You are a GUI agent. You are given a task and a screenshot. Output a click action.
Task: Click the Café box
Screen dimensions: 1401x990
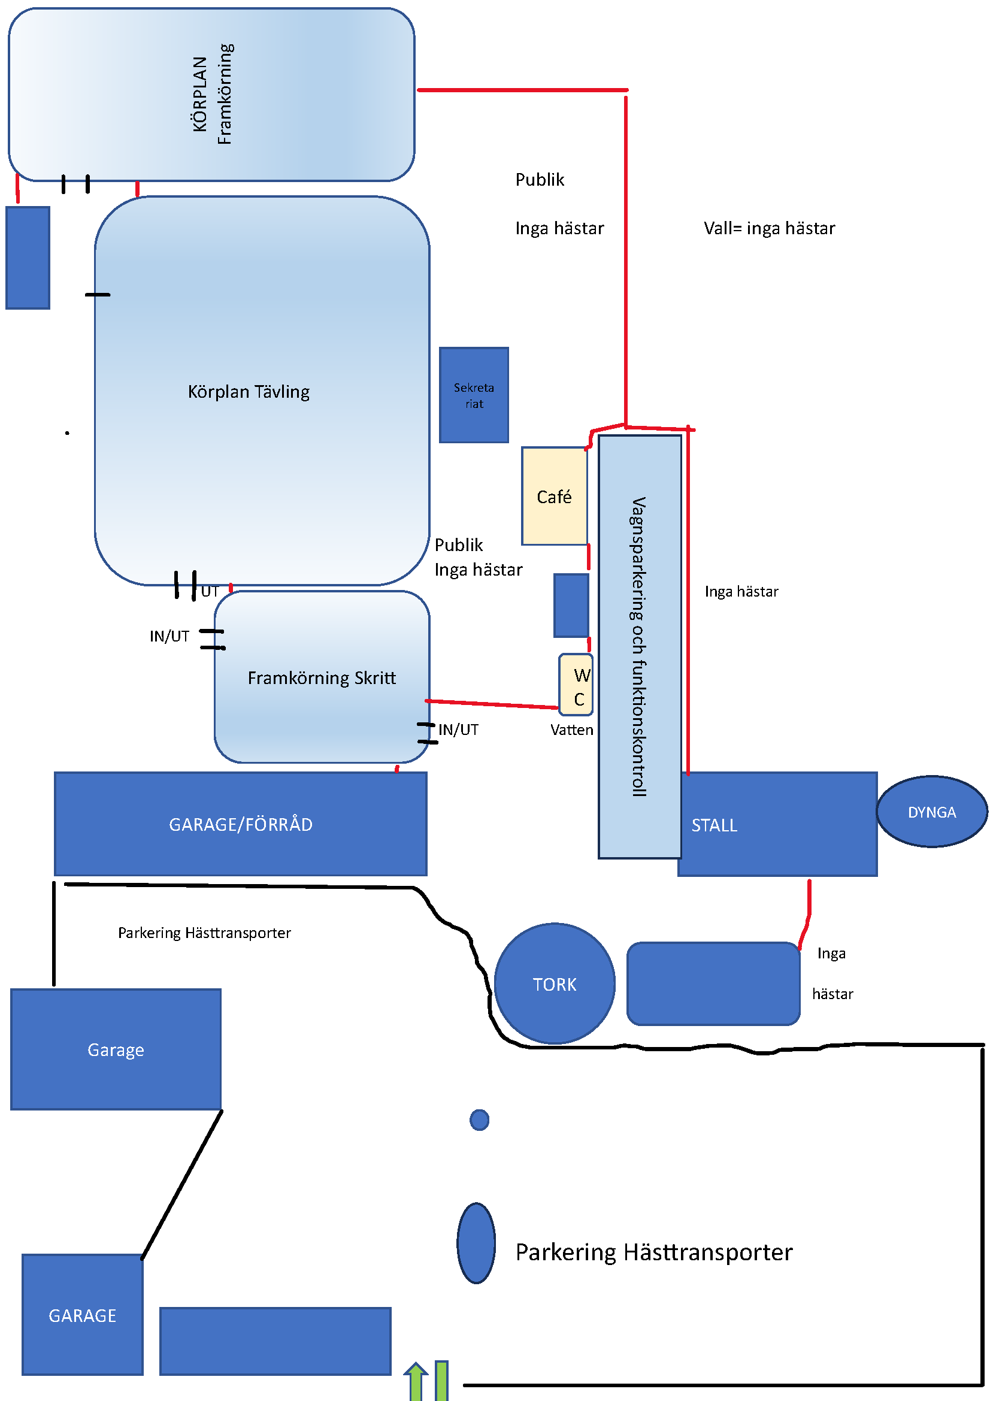tap(554, 496)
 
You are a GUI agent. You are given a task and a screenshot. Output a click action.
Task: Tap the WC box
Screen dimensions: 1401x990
tap(576, 685)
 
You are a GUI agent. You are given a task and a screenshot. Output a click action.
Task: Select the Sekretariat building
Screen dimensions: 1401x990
tap(474, 395)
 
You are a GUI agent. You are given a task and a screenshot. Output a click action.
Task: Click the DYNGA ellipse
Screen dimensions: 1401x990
tap(931, 812)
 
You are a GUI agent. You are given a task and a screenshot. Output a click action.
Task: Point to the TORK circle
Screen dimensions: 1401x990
tap(555, 984)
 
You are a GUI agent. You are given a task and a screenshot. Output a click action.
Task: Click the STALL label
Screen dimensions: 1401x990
tap(715, 825)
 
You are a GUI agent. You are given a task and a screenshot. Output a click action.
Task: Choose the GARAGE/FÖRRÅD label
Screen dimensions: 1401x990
tap(240, 824)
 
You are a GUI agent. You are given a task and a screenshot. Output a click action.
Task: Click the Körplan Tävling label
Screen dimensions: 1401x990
tap(249, 391)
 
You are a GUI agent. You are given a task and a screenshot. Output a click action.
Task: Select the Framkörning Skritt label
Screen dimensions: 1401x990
tap(322, 677)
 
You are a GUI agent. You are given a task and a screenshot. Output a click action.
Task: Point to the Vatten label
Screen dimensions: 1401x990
tap(571, 730)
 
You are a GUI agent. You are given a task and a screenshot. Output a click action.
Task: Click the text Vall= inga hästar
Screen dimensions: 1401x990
tap(769, 228)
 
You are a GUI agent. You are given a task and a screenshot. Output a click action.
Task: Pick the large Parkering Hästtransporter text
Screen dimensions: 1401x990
tap(654, 1252)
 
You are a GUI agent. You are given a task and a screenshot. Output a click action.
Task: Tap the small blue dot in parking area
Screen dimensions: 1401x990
tap(480, 1119)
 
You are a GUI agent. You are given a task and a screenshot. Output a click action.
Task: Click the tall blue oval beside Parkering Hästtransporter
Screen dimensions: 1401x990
tap(476, 1243)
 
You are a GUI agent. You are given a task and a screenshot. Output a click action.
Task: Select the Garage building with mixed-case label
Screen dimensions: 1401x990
tap(116, 1049)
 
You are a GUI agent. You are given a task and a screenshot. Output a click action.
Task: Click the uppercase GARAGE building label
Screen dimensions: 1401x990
tap(82, 1315)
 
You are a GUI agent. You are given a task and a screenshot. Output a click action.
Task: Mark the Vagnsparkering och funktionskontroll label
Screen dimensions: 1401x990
tap(638, 647)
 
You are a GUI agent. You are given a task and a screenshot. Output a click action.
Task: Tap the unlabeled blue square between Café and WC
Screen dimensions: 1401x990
tap(571, 606)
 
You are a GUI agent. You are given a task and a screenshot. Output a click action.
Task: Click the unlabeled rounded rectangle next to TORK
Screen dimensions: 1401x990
tap(713, 984)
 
